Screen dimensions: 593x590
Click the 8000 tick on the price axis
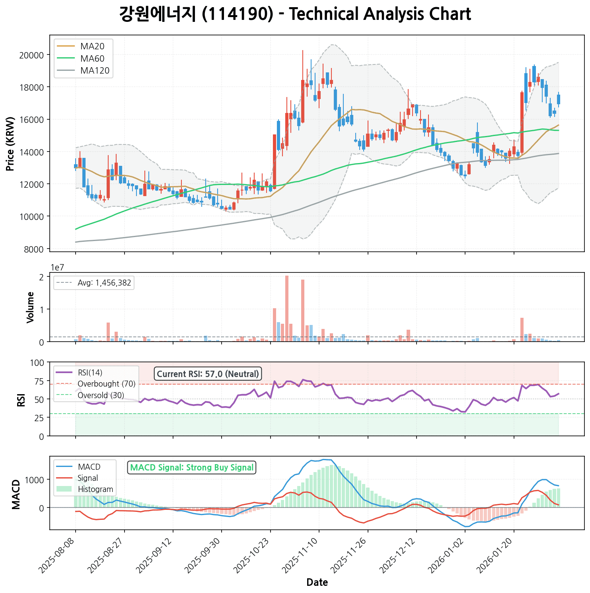pos(33,249)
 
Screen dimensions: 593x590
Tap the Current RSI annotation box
pos(208,374)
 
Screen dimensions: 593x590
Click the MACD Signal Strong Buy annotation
pos(192,467)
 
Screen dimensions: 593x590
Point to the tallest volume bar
pos(287,308)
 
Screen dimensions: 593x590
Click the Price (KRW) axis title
pos(11,144)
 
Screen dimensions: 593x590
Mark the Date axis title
pos(317,583)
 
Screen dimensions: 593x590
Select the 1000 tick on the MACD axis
pos(36,480)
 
